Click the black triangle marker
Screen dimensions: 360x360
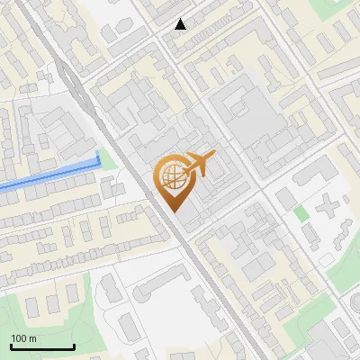181,24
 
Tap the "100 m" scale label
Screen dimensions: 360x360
23,338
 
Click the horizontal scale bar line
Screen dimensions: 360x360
42,347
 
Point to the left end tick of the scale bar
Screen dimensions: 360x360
11,346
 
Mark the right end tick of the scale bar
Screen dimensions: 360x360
74,346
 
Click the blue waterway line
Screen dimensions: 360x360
45,176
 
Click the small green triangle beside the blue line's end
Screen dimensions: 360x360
108,160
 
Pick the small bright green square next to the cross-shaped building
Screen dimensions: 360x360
301,213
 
